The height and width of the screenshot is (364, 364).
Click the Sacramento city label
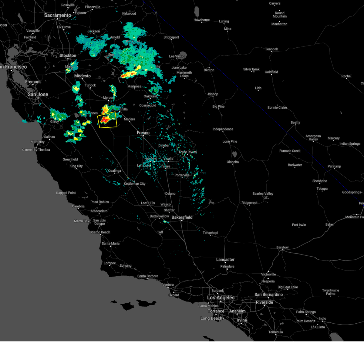click(x=58, y=15)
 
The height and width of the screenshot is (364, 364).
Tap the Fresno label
click(x=143, y=133)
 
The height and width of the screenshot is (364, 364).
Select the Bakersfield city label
click(x=182, y=217)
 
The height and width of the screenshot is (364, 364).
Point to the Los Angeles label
click(x=221, y=298)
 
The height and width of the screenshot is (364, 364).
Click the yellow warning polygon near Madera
click(x=107, y=120)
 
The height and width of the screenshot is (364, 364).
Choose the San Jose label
click(x=38, y=94)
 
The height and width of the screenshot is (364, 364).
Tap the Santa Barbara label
click(x=148, y=276)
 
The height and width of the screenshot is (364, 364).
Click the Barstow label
click(x=282, y=248)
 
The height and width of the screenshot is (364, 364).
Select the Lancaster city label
click(x=225, y=260)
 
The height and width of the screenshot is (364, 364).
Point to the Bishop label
click(x=213, y=94)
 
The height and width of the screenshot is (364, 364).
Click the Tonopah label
click(x=271, y=49)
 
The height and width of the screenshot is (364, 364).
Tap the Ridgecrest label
click(x=249, y=203)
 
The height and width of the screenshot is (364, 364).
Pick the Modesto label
click(x=83, y=76)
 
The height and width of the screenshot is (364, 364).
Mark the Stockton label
click(x=68, y=56)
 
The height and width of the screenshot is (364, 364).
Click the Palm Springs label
click(x=306, y=312)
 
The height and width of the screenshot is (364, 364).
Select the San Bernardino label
click(x=269, y=295)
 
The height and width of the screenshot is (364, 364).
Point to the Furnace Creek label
click(x=290, y=151)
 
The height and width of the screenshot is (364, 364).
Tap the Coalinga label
click(x=115, y=171)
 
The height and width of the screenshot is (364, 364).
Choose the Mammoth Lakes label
click(x=184, y=74)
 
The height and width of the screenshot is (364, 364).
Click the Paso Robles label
click(x=99, y=202)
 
